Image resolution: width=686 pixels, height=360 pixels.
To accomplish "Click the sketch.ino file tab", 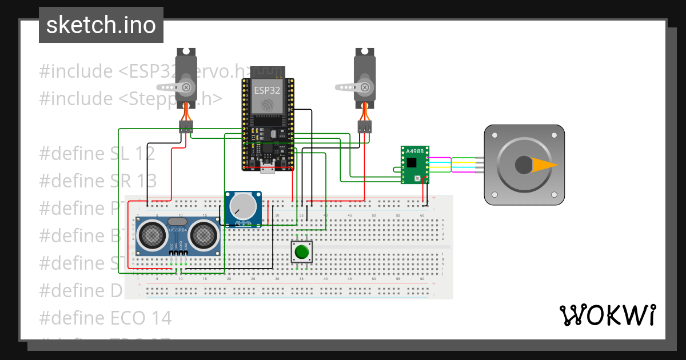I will (x=101, y=25).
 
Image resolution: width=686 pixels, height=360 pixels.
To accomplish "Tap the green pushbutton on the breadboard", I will (x=301, y=251).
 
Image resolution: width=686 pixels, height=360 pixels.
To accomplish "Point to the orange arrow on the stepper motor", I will (x=545, y=165).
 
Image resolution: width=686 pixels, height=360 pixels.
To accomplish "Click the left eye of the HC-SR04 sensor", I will (x=150, y=234).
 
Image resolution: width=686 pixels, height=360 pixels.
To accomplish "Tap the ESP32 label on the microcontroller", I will (x=266, y=90).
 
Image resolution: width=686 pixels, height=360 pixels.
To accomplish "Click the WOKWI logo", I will (x=607, y=315).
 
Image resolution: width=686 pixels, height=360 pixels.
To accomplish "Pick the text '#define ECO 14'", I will (x=106, y=318).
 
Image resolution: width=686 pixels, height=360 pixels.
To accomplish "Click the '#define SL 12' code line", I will (x=97, y=153).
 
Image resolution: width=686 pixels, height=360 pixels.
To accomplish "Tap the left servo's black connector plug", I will (x=186, y=127).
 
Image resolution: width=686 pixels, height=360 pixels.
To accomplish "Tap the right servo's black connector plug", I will (x=364, y=127).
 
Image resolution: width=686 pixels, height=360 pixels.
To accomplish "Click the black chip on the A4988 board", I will (x=412, y=162).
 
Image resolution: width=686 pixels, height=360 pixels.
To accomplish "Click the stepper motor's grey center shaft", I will (x=524, y=165).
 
